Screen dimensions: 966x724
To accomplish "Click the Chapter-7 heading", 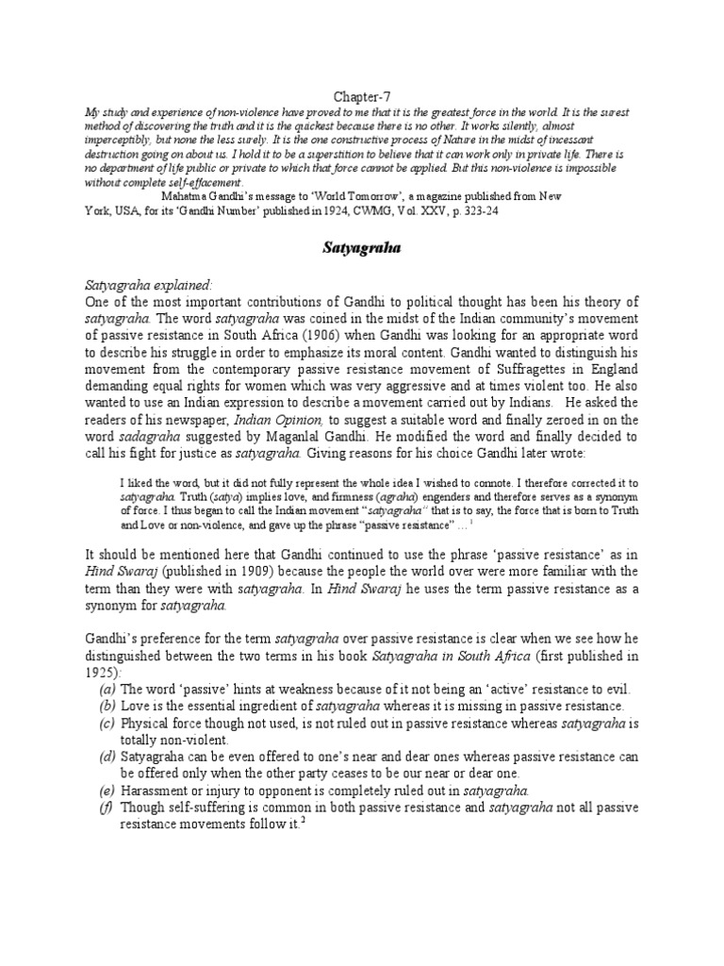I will point(362,95).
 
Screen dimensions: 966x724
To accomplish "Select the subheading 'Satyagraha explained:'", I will point(137,284).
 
